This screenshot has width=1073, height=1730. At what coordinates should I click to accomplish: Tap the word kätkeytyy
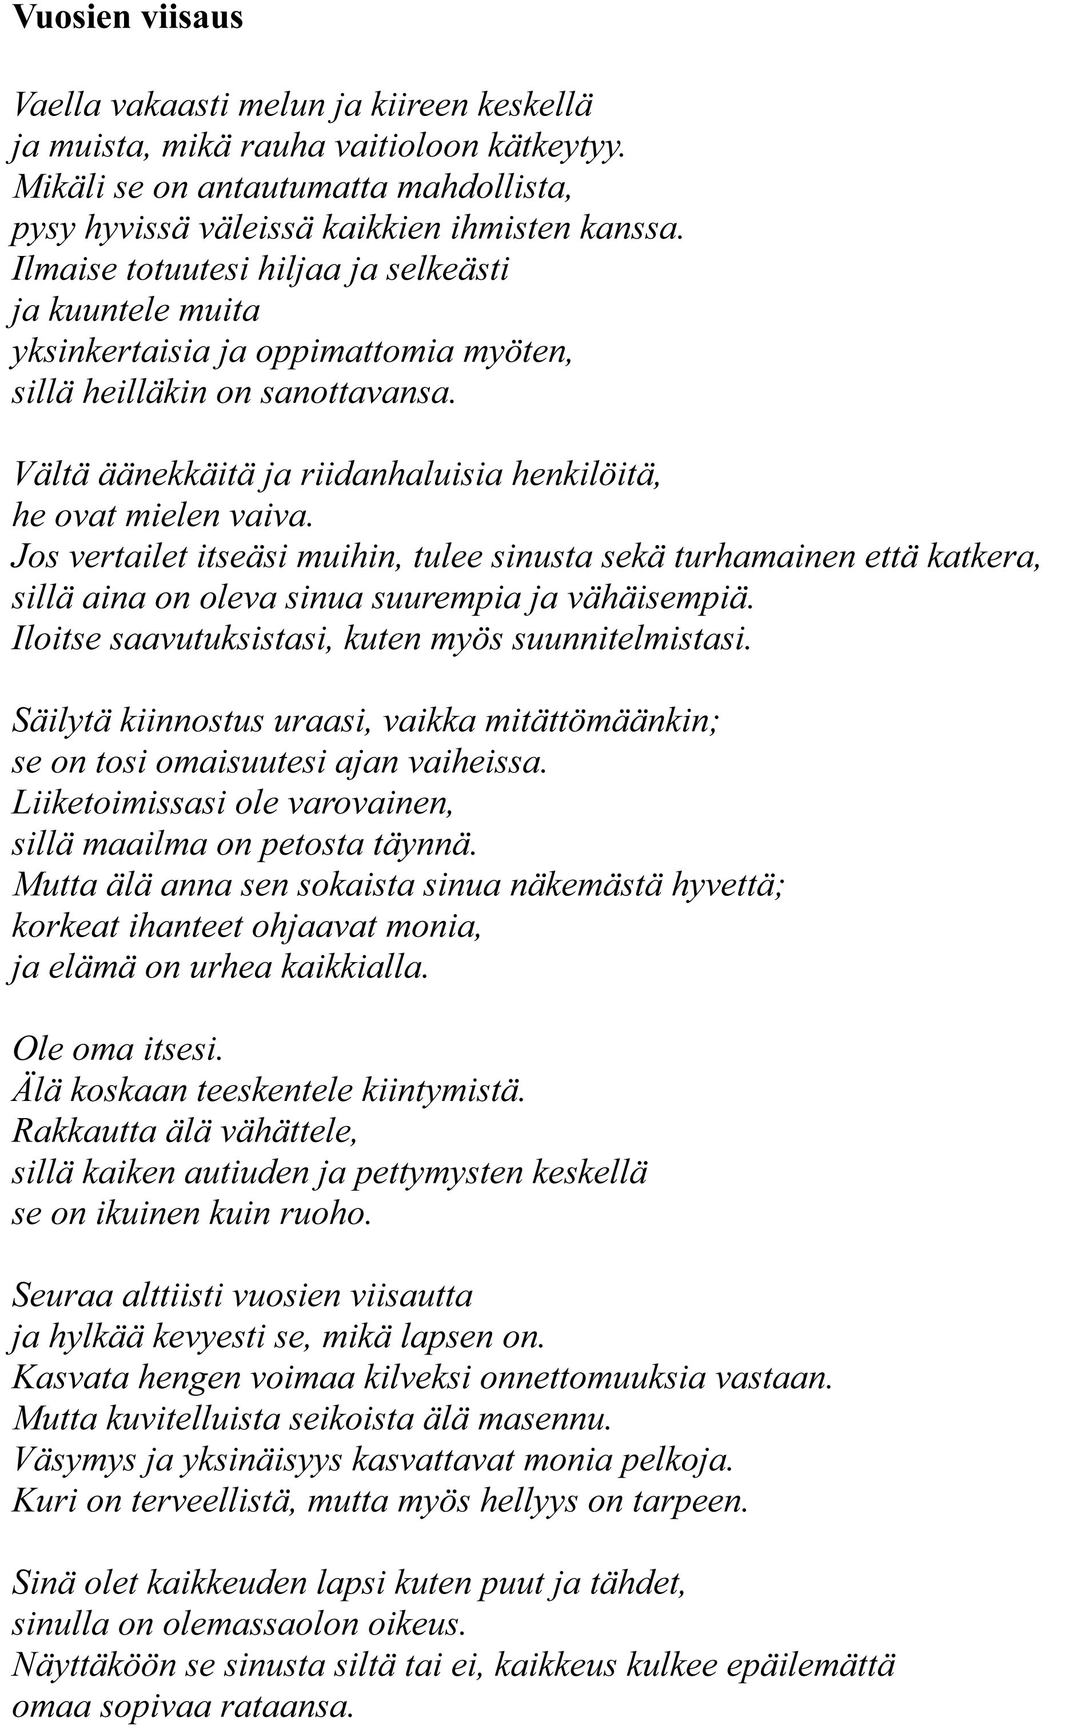coord(556,147)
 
